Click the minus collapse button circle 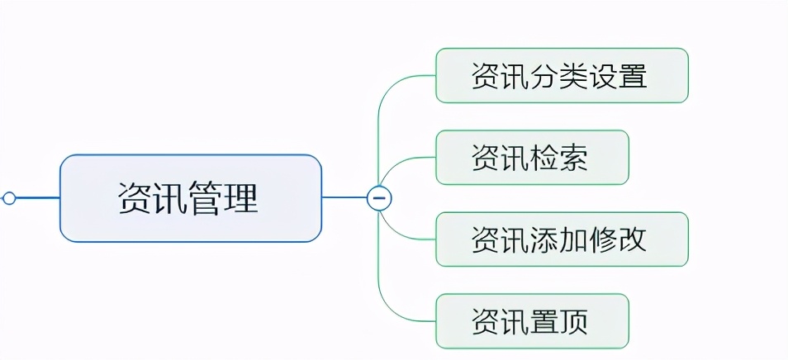pyautogui.click(x=379, y=198)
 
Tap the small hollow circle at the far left pyautogui.click(x=9, y=198)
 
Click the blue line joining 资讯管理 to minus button pyautogui.click(x=344, y=198)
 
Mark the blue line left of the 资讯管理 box pyautogui.click(x=37, y=198)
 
